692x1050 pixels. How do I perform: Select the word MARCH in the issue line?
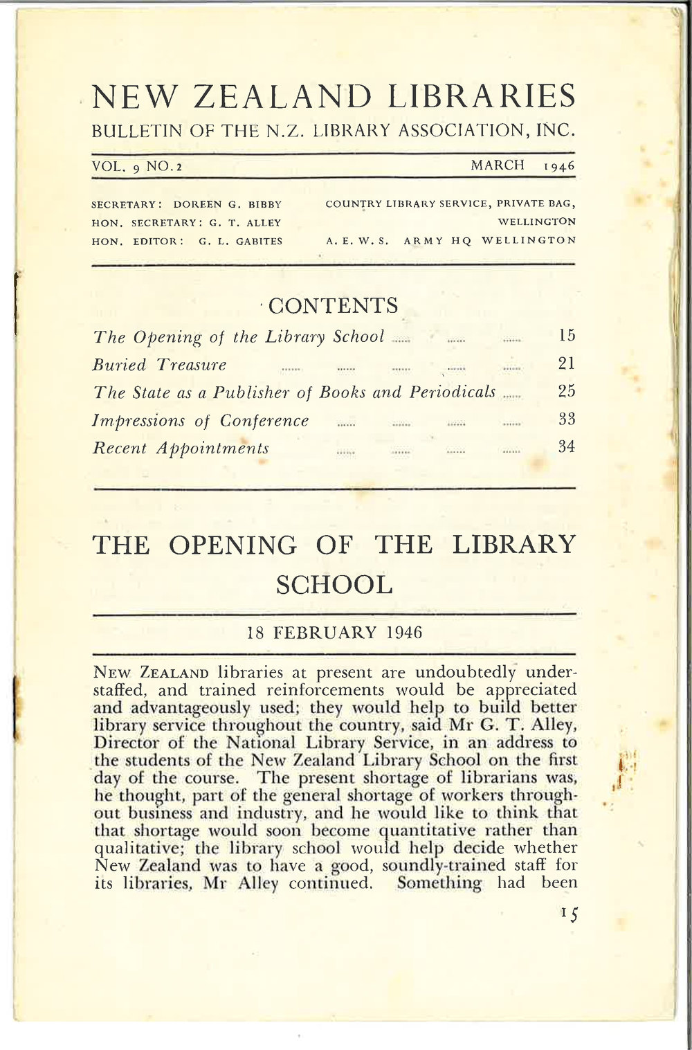(x=498, y=165)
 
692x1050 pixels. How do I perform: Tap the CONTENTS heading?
(x=333, y=305)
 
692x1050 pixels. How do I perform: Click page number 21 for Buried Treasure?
(x=567, y=364)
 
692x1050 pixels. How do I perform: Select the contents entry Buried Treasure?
(x=160, y=365)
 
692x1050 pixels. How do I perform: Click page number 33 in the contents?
(x=567, y=419)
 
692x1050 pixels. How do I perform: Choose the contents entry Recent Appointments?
(x=181, y=448)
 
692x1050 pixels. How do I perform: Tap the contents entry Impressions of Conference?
(x=201, y=420)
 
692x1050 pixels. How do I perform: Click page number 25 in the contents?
(x=567, y=392)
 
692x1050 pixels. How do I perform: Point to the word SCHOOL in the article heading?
(x=334, y=586)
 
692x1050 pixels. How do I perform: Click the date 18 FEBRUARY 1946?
(x=334, y=633)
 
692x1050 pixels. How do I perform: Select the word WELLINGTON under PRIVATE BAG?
(x=537, y=223)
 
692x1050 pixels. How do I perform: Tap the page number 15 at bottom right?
(x=570, y=913)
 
